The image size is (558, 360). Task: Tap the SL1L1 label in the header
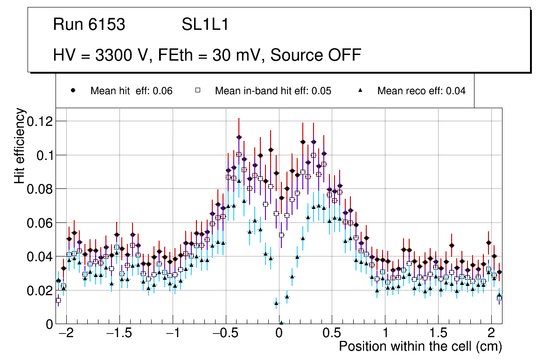[x=205, y=25]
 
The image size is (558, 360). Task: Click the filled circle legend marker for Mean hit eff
[x=73, y=90]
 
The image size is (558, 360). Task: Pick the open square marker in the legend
[x=197, y=90]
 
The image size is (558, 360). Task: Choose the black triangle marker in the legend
[x=360, y=90]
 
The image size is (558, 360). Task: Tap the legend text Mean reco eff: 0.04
[x=421, y=91]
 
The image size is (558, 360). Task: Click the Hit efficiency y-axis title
[x=20, y=145]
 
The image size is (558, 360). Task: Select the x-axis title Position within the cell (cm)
[x=420, y=346]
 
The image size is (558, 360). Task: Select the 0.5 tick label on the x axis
[x=332, y=334]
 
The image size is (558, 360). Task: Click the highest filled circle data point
[x=239, y=137]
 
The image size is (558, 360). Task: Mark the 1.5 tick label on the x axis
[x=438, y=334]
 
